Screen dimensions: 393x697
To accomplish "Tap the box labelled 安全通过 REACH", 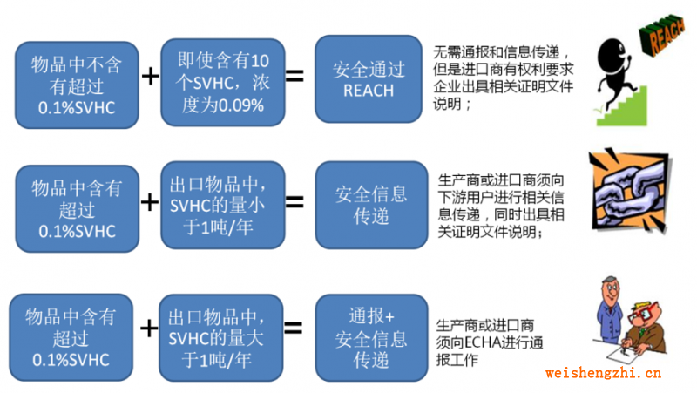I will [369, 79].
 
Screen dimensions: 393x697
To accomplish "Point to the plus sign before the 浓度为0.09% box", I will [151, 77].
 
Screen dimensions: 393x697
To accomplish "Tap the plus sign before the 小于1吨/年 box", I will [151, 202].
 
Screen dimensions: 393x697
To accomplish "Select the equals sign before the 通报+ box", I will [294, 329].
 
